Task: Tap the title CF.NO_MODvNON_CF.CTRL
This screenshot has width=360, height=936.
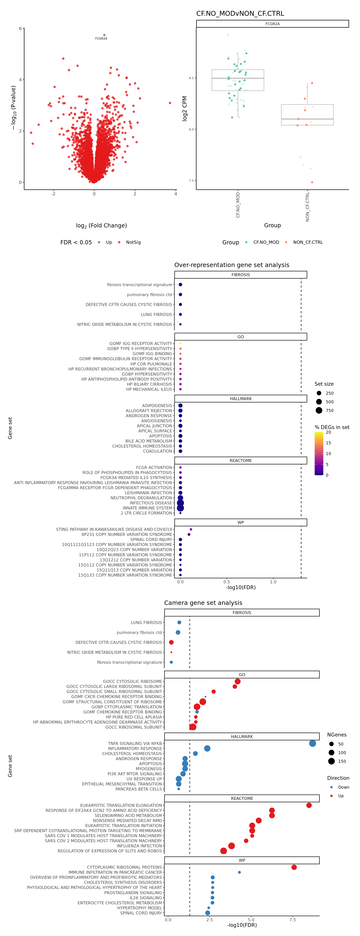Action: [240, 13]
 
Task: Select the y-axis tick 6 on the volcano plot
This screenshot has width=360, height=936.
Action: [20, 28]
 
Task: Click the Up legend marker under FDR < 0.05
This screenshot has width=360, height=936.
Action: [99, 242]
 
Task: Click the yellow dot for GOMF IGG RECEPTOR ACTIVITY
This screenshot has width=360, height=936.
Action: [180, 343]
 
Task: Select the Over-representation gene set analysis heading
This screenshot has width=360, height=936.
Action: [232, 265]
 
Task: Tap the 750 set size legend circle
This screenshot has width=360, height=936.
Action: [319, 410]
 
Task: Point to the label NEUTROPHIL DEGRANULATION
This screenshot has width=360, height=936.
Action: [141, 498]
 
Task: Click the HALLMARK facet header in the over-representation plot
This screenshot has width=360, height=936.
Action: [241, 399]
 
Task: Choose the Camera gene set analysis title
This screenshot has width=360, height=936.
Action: [203, 603]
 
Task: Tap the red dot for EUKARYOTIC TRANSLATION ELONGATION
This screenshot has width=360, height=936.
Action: [309, 805]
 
